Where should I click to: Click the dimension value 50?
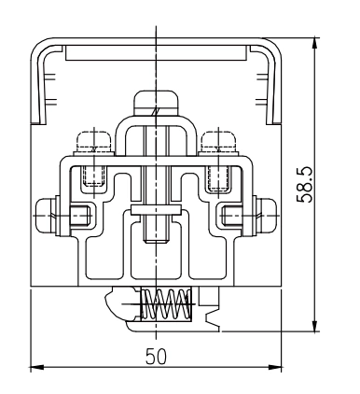coord(156,357)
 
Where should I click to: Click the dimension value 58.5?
coord(305,185)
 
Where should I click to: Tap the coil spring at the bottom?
coord(166,304)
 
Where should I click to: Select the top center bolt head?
coord(156,103)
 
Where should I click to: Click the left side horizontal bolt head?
coord(45,216)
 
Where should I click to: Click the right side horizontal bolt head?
coord(267,216)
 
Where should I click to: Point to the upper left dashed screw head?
coord(94,142)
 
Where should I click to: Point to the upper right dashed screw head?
coord(218,142)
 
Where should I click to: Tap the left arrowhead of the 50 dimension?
coord(36,367)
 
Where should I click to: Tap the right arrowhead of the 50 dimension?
coord(275,367)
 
